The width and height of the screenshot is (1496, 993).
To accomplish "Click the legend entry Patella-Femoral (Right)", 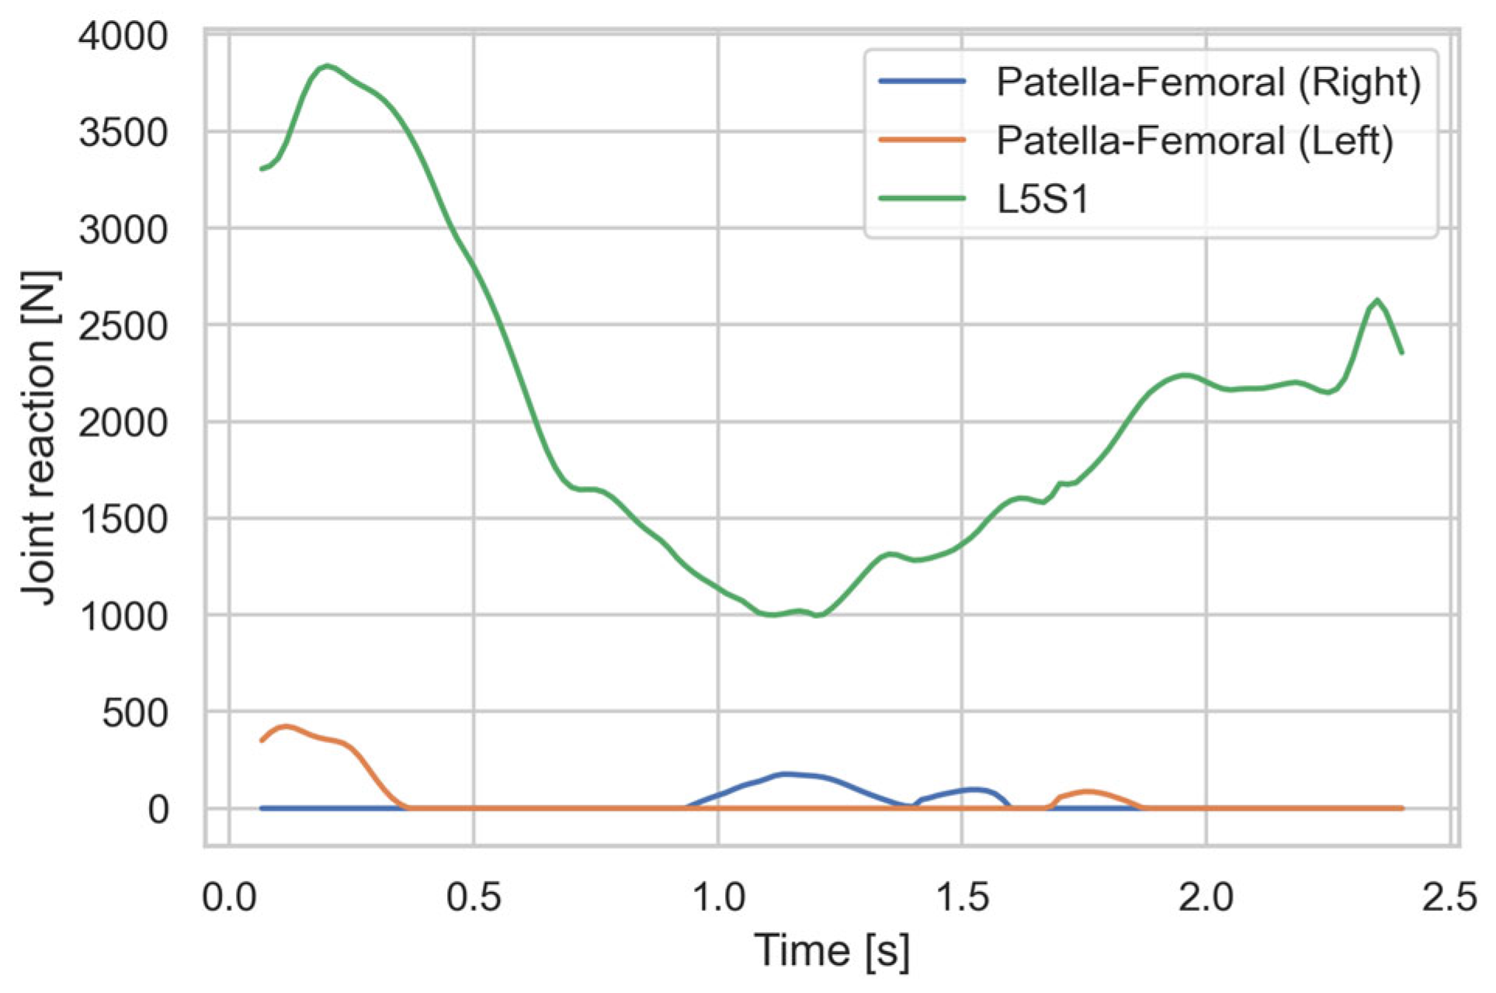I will (1208, 82).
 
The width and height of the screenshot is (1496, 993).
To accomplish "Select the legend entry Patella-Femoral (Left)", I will (1194, 141).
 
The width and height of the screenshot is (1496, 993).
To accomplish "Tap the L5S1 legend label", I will (1043, 200).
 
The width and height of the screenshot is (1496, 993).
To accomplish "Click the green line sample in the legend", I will (922, 199).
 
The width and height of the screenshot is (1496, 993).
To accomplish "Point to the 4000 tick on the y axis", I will (123, 36).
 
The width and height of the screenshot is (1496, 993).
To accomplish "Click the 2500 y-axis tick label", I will (123, 326).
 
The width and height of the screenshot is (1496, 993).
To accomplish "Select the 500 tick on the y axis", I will (135, 713).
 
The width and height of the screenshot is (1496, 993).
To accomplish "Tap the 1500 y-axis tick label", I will (123, 519).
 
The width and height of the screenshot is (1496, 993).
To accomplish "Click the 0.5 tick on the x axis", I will (474, 898).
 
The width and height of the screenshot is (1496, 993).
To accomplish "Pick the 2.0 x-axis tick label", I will (1206, 898).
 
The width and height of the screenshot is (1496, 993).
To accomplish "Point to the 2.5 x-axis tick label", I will (1449, 898).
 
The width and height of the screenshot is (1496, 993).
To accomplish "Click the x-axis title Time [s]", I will (831, 950).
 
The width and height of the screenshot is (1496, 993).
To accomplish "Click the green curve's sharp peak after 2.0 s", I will (1376, 300).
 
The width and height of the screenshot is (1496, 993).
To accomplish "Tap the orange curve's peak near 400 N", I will (286, 727).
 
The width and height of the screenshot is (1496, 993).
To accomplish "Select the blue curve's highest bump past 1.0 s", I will (786, 774).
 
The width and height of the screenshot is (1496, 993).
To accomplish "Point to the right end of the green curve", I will (1401, 352).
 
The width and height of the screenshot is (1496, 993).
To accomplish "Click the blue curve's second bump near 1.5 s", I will (972, 790).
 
